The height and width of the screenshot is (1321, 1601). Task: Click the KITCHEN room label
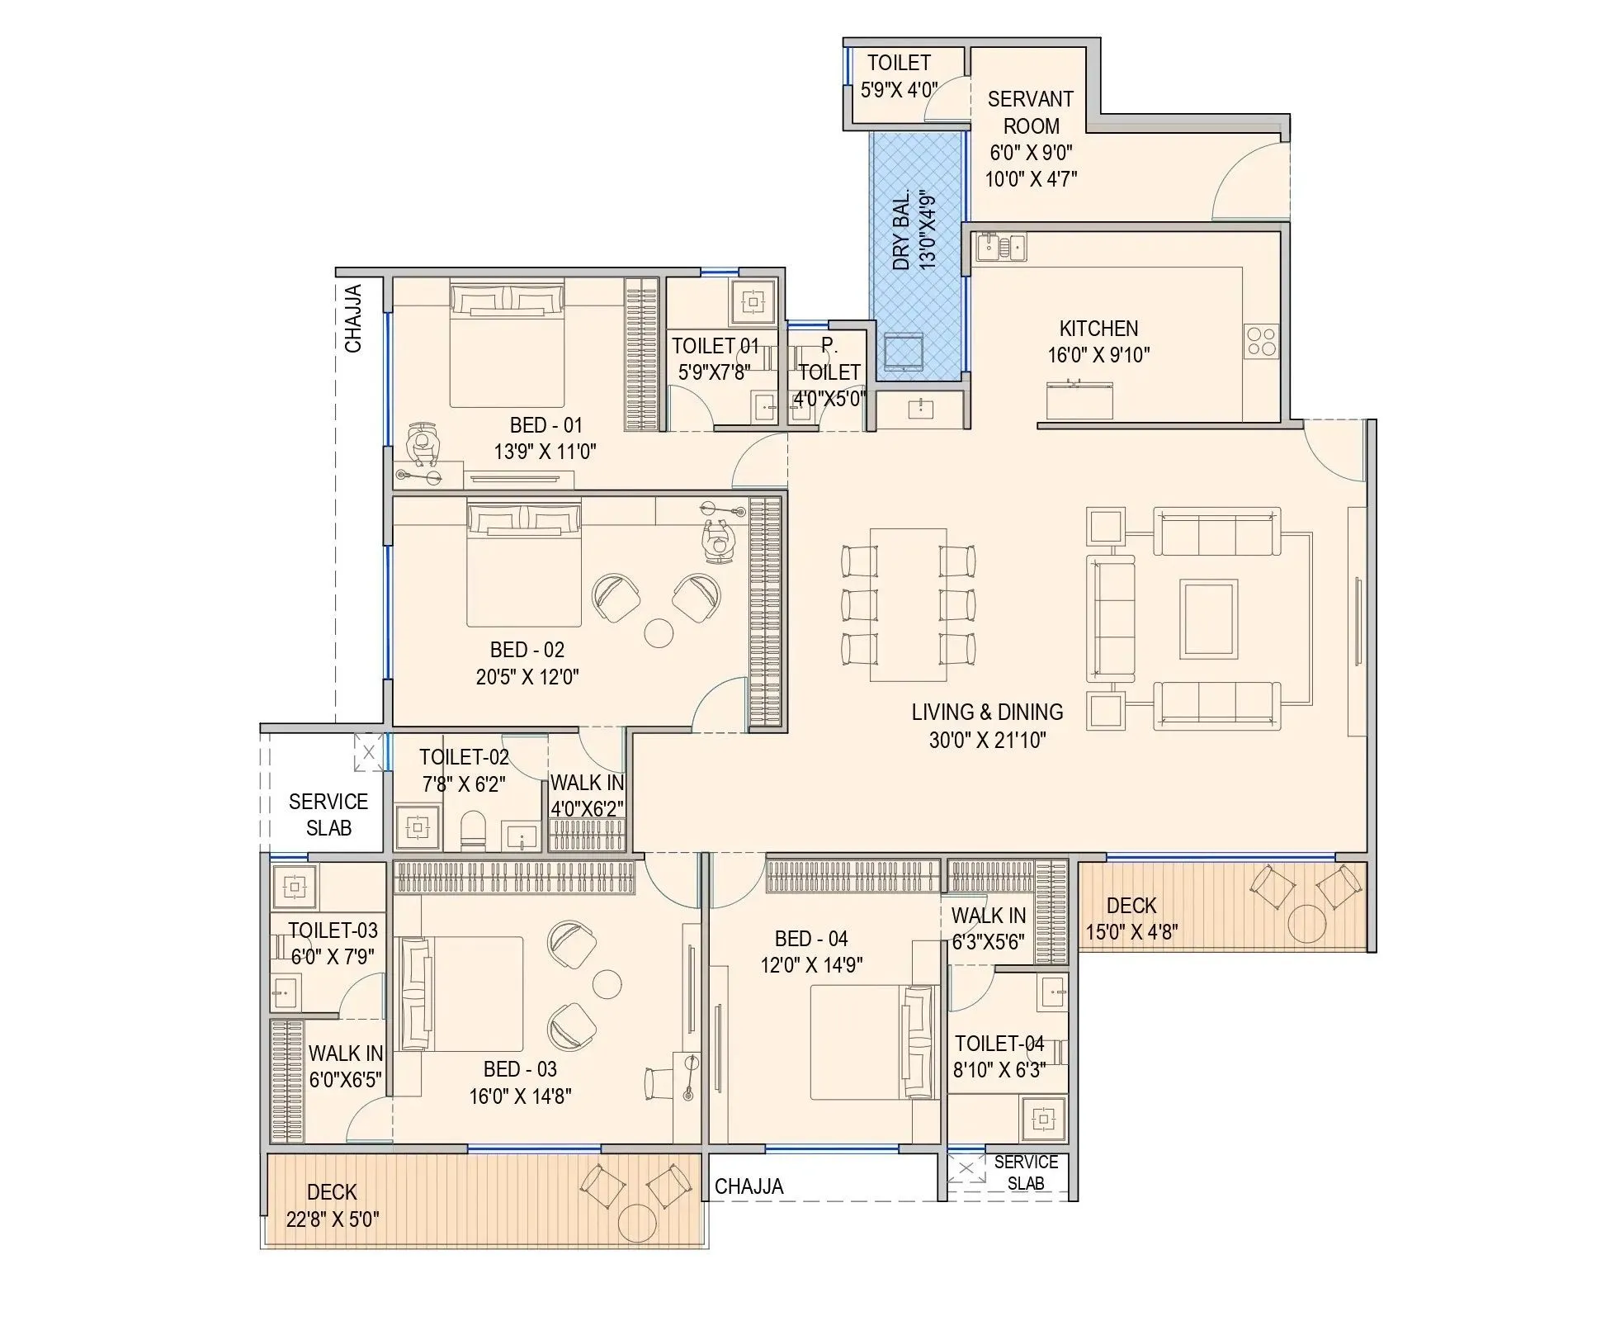1098,329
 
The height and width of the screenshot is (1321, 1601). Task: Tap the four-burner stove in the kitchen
1261,342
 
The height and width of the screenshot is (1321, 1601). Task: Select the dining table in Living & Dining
908,604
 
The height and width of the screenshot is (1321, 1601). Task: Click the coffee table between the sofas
1208,618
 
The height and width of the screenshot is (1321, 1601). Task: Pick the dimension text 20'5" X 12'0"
527,677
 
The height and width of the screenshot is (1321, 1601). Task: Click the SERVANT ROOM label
1030,112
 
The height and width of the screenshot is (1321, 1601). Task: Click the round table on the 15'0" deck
1306,923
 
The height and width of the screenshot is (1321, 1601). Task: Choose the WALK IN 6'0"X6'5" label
346,1066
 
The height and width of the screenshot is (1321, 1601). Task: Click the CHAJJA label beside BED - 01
353,319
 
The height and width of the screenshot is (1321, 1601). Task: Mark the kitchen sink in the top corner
999,246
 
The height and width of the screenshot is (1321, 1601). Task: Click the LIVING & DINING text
987,712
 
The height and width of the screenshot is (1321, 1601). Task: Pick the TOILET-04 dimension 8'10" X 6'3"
999,1070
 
